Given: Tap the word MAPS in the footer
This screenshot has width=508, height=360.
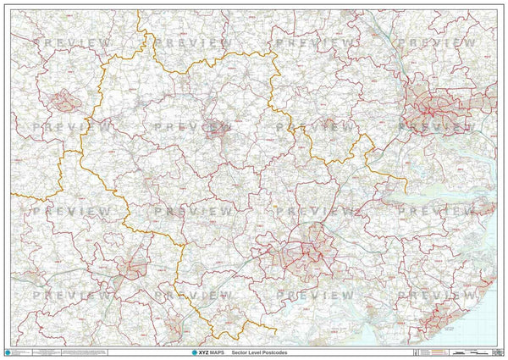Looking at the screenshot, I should click(x=215, y=352).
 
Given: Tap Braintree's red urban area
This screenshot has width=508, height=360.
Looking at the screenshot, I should click(x=131, y=268).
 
